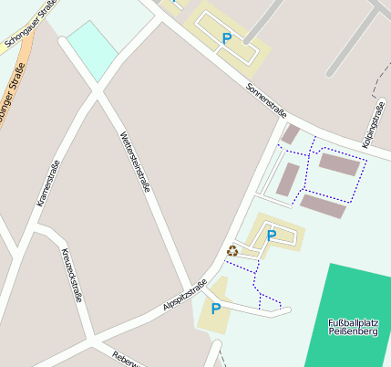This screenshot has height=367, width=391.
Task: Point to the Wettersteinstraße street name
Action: [x=135, y=162]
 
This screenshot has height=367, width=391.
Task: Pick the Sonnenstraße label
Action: [x=267, y=100]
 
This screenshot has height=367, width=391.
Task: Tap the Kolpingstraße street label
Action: [x=373, y=124]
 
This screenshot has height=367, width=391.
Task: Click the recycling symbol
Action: [x=232, y=249]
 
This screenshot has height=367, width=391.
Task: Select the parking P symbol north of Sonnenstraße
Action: [x=226, y=38]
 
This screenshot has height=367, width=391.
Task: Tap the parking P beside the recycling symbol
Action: [x=271, y=236]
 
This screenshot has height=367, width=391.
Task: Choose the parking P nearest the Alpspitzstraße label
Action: [x=216, y=309]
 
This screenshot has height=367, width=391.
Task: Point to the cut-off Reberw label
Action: [x=124, y=360]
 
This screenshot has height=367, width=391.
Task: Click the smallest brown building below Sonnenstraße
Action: [x=291, y=135]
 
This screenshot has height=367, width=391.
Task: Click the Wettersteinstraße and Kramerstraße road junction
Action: [x=98, y=90]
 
